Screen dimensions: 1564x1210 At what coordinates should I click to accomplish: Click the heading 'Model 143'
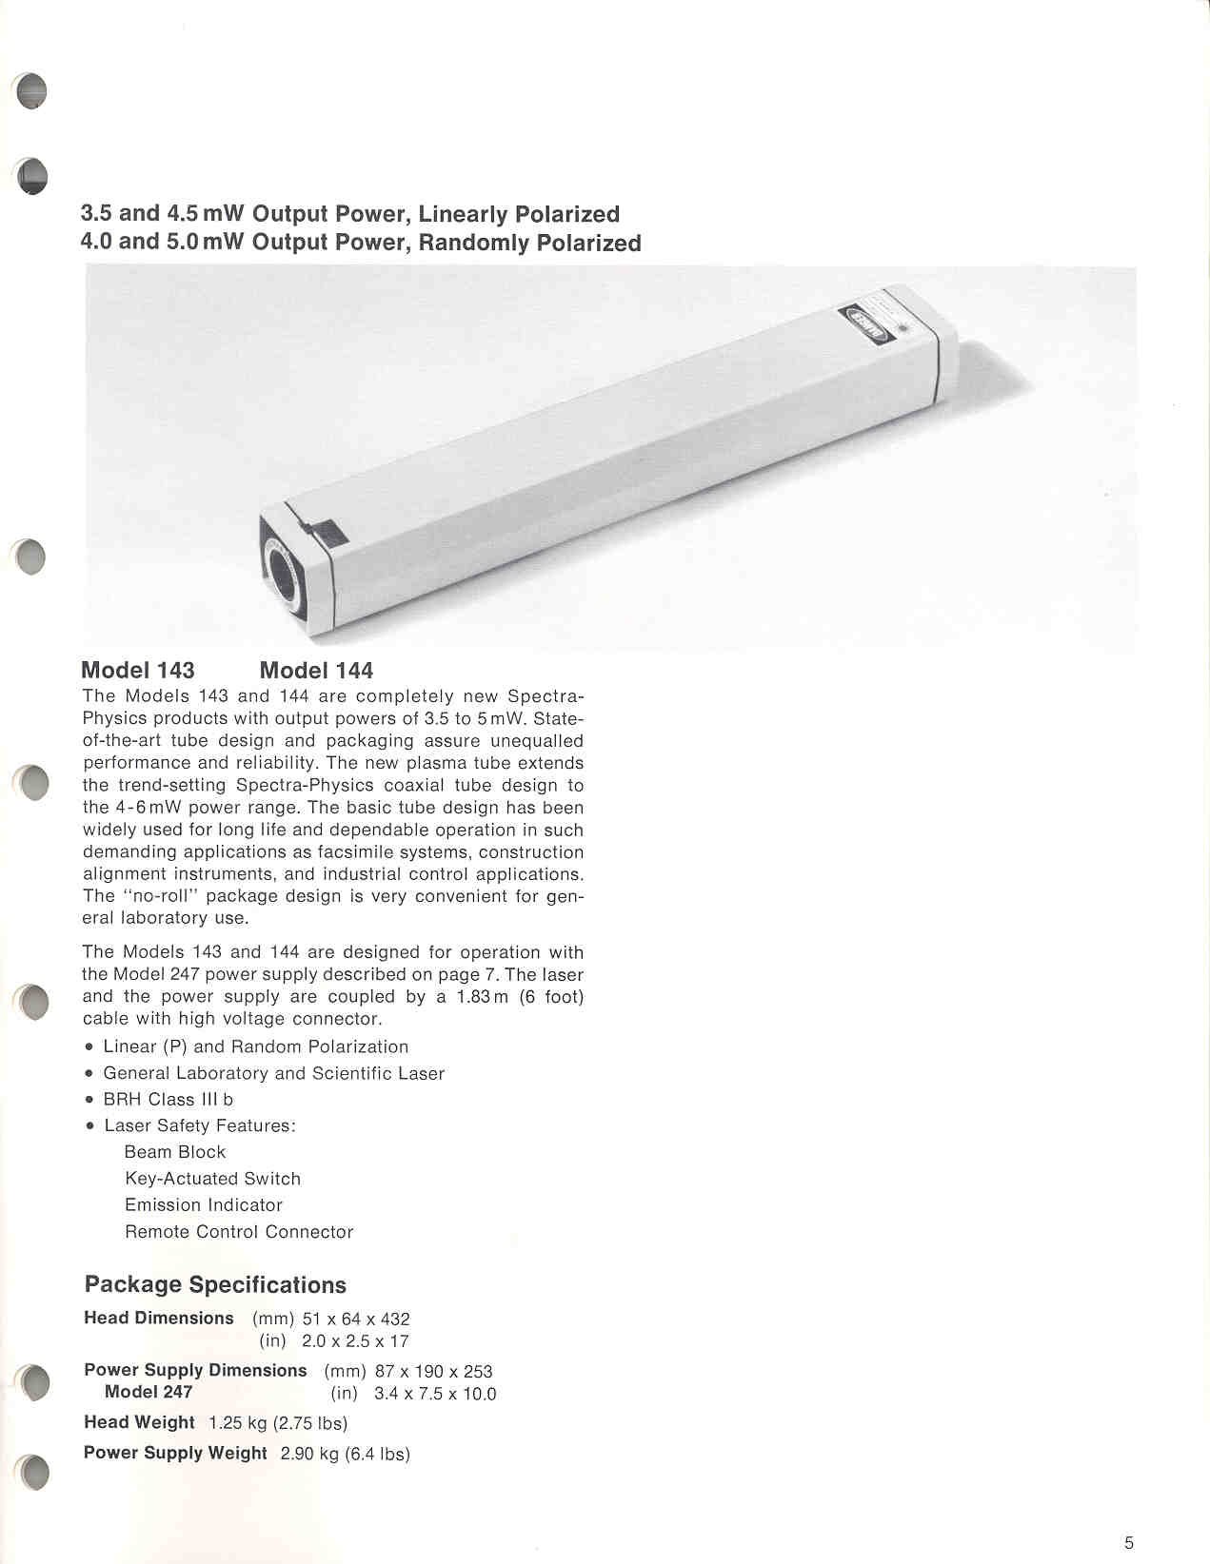click(x=138, y=671)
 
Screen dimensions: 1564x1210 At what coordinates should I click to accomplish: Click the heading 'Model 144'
click(x=316, y=671)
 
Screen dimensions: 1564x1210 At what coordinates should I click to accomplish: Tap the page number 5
click(x=1129, y=1543)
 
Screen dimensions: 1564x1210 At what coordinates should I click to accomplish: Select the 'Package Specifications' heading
click(x=215, y=1284)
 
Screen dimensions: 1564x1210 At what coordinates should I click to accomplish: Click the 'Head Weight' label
click(x=139, y=1422)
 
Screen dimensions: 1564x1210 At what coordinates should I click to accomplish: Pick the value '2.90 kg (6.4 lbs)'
click(x=345, y=1454)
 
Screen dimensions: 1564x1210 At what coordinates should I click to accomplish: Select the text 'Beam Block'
click(x=175, y=1152)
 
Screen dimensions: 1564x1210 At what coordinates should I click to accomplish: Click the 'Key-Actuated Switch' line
click(x=212, y=1179)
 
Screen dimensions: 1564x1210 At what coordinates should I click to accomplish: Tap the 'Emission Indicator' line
click(x=204, y=1204)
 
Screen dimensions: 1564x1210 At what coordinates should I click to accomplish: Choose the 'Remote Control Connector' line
click(x=239, y=1232)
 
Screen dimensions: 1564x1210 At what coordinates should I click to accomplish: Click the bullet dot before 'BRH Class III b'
click(x=89, y=1100)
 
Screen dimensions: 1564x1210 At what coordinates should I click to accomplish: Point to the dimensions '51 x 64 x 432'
click(x=356, y=1320)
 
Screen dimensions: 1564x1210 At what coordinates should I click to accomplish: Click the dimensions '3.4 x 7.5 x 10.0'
click(x=435, y=1395)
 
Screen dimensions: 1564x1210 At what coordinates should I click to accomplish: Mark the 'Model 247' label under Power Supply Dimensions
click(x=149, y=1392)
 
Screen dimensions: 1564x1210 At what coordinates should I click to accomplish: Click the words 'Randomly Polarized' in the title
click(x=529, y=243)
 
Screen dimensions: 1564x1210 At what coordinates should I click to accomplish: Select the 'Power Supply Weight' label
click(x=175, y=1453)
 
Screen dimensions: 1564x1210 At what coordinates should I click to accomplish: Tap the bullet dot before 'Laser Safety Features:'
click(x=89, y=1126)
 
